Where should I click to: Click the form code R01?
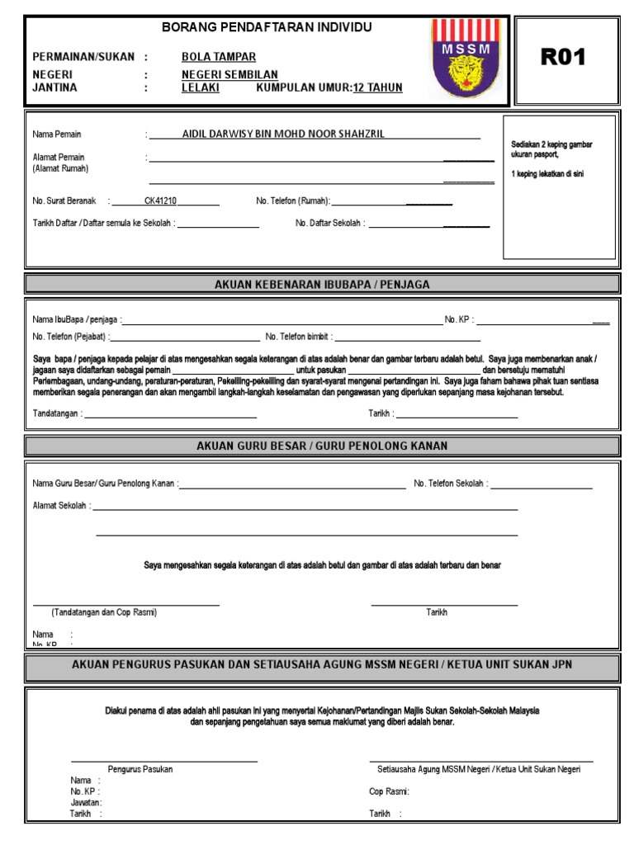click(563, 57)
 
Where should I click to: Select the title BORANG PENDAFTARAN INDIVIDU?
click(267, 27)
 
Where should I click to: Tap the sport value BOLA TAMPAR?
click(219, 57)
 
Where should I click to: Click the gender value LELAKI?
click(201, 87)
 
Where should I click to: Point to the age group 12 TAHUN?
click(378, 87)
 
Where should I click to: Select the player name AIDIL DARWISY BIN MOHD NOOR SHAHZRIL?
click(283, 134)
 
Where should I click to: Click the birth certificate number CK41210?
click(160, 201)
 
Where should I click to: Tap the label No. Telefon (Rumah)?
click(293, 201)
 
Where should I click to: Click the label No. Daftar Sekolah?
click(330, 223)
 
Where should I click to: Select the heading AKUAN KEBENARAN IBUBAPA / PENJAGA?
click(322, 285)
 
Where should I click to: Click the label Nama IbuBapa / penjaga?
click(77, 319)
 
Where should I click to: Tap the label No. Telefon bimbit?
click(298, 337)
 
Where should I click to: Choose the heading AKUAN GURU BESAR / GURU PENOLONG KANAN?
click(322, 446)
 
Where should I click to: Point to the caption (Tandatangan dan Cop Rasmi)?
click(104, 612)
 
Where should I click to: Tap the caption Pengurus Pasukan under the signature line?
click(140, 769)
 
